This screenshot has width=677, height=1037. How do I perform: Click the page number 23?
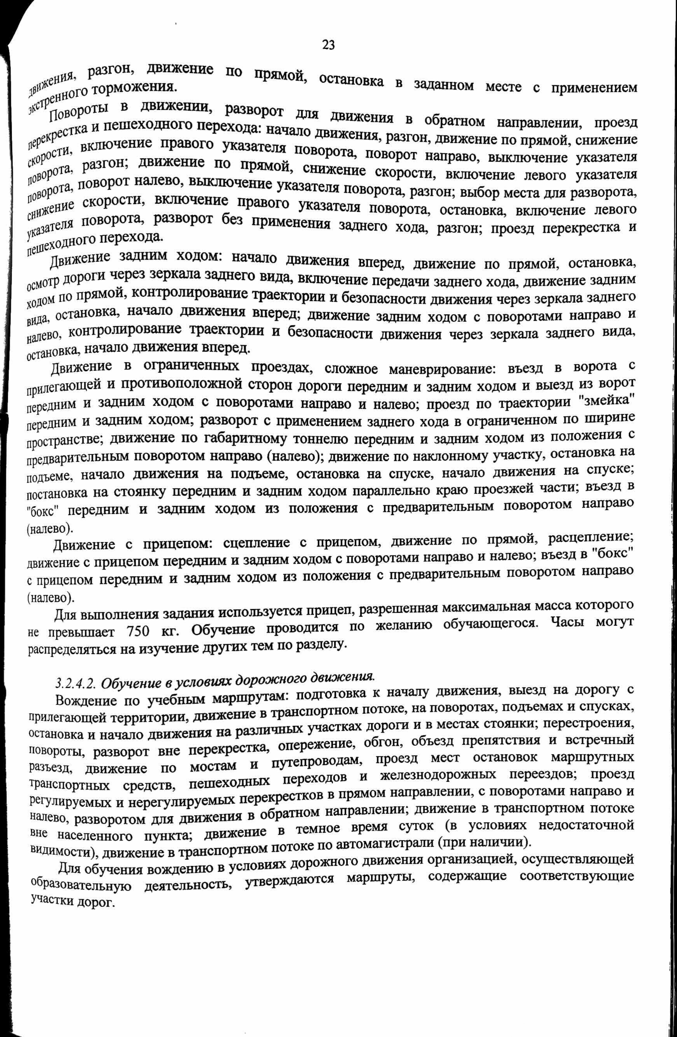(328, 44)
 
